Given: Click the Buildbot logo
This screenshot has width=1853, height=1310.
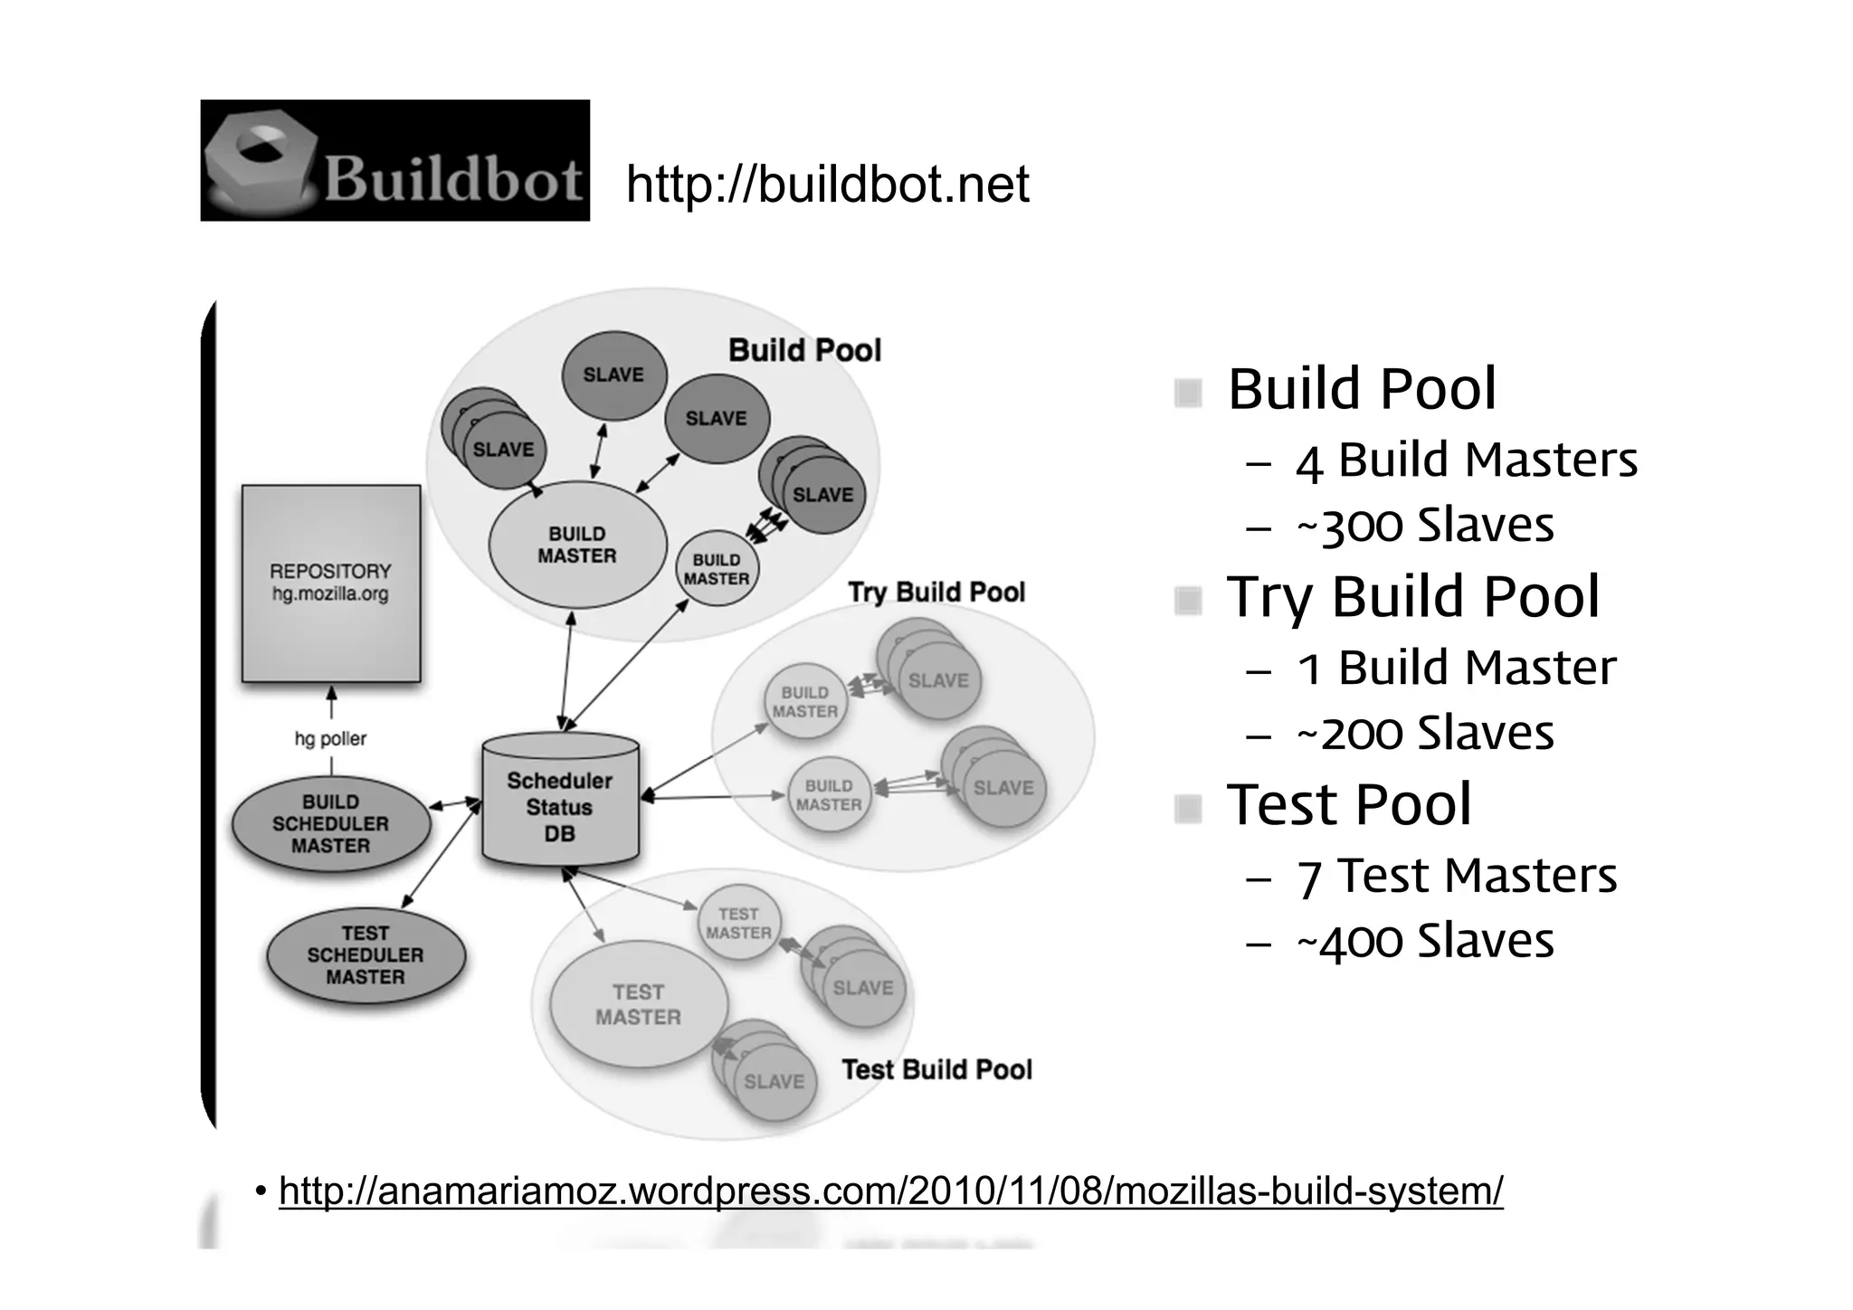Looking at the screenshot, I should point(394,160).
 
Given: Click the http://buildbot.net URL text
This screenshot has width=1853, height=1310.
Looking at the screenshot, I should point(827,185).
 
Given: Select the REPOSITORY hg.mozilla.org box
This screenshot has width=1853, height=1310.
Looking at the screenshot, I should point(331,583).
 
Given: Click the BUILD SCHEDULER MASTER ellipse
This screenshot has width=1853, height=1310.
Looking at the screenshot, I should point(331,823).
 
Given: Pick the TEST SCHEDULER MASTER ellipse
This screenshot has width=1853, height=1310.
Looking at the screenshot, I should point(366,954).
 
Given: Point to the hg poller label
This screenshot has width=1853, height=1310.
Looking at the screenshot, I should point(330,738).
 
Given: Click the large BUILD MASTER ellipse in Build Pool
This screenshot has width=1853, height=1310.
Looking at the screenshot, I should point(577,545).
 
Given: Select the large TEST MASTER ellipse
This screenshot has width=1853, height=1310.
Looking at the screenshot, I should point(638,1004).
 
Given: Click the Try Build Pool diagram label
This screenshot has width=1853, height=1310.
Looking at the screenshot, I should point(936,592).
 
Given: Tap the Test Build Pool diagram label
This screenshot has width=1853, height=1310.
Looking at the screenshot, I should point(936,1069).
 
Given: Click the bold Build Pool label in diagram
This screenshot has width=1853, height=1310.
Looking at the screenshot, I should point(804,350).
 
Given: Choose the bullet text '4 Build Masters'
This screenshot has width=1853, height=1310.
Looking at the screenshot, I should point(1466,460).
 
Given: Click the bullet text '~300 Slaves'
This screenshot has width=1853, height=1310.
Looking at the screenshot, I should point(1425,525).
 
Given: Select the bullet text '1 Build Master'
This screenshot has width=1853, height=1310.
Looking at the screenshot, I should point(1456,668).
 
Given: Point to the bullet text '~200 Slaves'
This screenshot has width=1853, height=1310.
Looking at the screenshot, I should point(1425,733).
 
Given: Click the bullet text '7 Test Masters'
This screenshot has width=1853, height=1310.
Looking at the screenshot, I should point(1457,876).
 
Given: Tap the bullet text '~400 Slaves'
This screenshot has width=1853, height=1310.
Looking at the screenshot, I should point(1425,941).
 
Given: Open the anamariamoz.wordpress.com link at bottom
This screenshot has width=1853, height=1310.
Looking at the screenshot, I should point(890,1191).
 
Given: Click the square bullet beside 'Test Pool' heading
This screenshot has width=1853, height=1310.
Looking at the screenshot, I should point(1187,808).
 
